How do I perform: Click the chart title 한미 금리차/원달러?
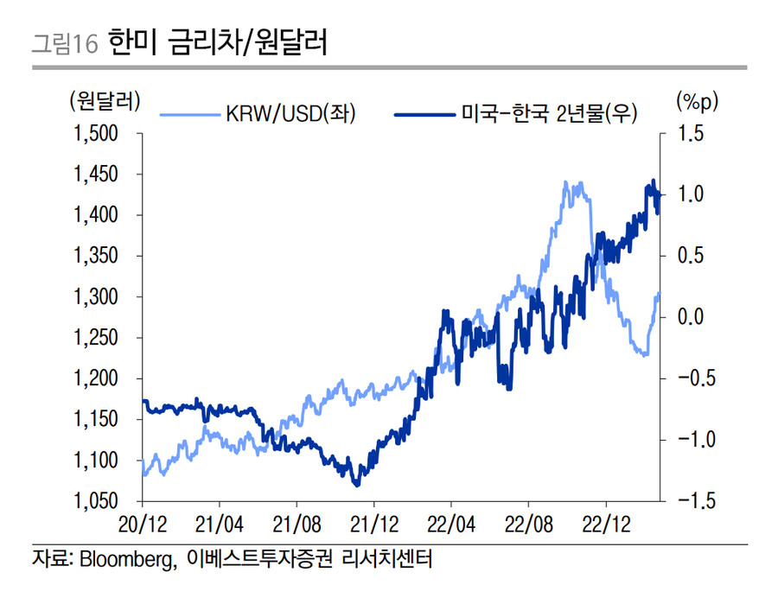218,43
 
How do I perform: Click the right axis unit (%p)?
696,102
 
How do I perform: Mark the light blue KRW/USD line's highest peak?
565,182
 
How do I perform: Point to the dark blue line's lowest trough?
356,484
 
